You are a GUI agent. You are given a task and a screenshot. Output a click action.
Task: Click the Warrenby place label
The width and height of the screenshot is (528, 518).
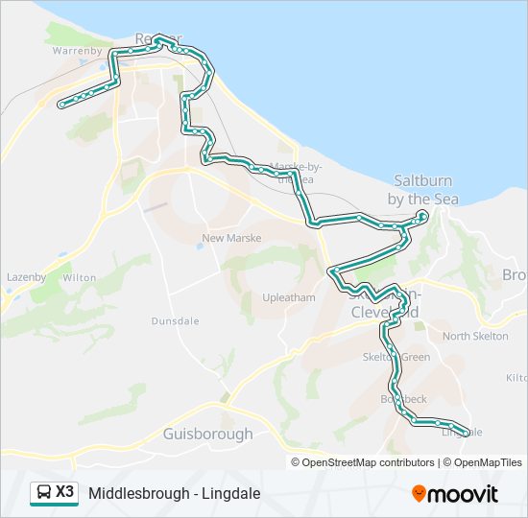[x=76, y=50]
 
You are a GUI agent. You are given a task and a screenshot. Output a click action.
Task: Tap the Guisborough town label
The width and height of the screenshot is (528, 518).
[x=208, y=434]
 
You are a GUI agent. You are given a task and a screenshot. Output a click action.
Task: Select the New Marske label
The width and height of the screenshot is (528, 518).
[x=226, y=238]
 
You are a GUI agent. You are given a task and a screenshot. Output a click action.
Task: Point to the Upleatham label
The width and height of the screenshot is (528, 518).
[x=289, y=297]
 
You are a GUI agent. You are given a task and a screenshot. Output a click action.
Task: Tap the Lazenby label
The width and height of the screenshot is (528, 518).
[x=26, y=277]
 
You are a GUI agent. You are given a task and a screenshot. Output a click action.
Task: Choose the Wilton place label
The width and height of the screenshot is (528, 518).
[x=80, y=277]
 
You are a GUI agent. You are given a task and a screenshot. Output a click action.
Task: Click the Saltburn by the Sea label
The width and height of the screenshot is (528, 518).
[x=422, y=190]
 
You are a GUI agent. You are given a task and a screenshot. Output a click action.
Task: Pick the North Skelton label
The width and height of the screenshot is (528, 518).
[x=475, y=336]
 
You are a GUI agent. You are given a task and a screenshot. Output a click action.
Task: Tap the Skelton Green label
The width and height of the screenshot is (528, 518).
[x=396, y=357]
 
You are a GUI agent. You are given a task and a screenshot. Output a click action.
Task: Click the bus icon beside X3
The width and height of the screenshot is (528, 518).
[x=44, y=493]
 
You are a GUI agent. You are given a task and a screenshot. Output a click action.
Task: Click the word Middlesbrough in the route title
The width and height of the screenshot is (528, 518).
[x=134, y=494]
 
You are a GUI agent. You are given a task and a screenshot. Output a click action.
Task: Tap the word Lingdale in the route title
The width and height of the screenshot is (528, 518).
[x=230, y=494]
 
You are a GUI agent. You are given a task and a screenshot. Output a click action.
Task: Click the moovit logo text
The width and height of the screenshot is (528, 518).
[x=464, y=494]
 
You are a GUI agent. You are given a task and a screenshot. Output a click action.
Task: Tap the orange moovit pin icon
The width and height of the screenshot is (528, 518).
[x=420, y=494]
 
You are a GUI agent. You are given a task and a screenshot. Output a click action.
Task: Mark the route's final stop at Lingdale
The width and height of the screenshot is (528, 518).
[x=467, y=433]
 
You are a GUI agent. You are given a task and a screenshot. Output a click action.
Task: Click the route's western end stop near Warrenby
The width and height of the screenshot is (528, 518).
[x=62, y=104]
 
